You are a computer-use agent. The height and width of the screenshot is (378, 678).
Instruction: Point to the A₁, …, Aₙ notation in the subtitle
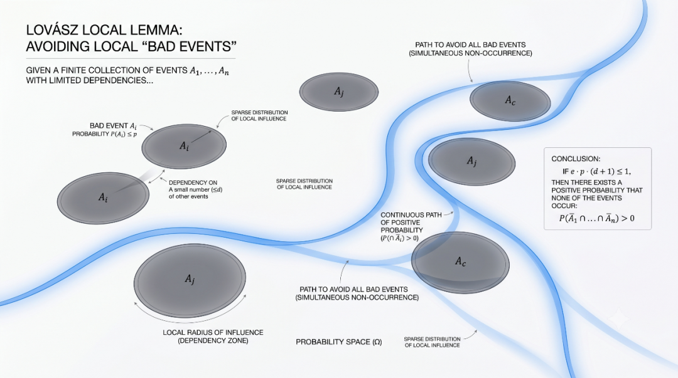[209, 71]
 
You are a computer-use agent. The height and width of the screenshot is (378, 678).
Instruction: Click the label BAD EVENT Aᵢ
[113, 126]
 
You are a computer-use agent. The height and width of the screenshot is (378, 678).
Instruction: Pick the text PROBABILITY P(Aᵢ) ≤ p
[105, 134]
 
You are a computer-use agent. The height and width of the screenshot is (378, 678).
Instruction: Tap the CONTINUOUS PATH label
[411, 215]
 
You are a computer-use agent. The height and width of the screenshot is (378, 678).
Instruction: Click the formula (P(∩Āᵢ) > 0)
[399, 238]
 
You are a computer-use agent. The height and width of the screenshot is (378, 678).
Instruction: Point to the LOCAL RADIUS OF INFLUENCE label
[213, 332]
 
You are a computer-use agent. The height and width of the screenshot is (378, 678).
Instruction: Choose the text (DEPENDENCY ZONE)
[213, 340]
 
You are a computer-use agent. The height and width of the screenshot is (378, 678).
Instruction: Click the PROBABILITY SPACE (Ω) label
[339, 342]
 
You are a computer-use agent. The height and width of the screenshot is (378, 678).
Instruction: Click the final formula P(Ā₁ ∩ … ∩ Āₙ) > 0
[597, 218]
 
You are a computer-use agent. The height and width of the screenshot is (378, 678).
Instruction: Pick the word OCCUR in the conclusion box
[564, 206]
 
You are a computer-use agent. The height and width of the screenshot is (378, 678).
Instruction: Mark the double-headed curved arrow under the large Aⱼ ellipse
[190, 321]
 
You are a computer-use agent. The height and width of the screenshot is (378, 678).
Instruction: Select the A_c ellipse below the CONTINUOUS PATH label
[460, 263]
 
